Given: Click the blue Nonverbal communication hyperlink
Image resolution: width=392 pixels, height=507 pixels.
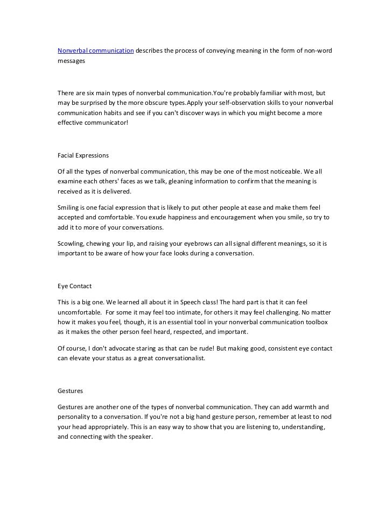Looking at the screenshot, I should tap(95, 51).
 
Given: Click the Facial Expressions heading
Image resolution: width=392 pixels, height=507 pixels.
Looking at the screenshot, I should tap(83, 155).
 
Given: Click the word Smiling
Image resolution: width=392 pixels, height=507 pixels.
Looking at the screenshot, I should tap(70, 207).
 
